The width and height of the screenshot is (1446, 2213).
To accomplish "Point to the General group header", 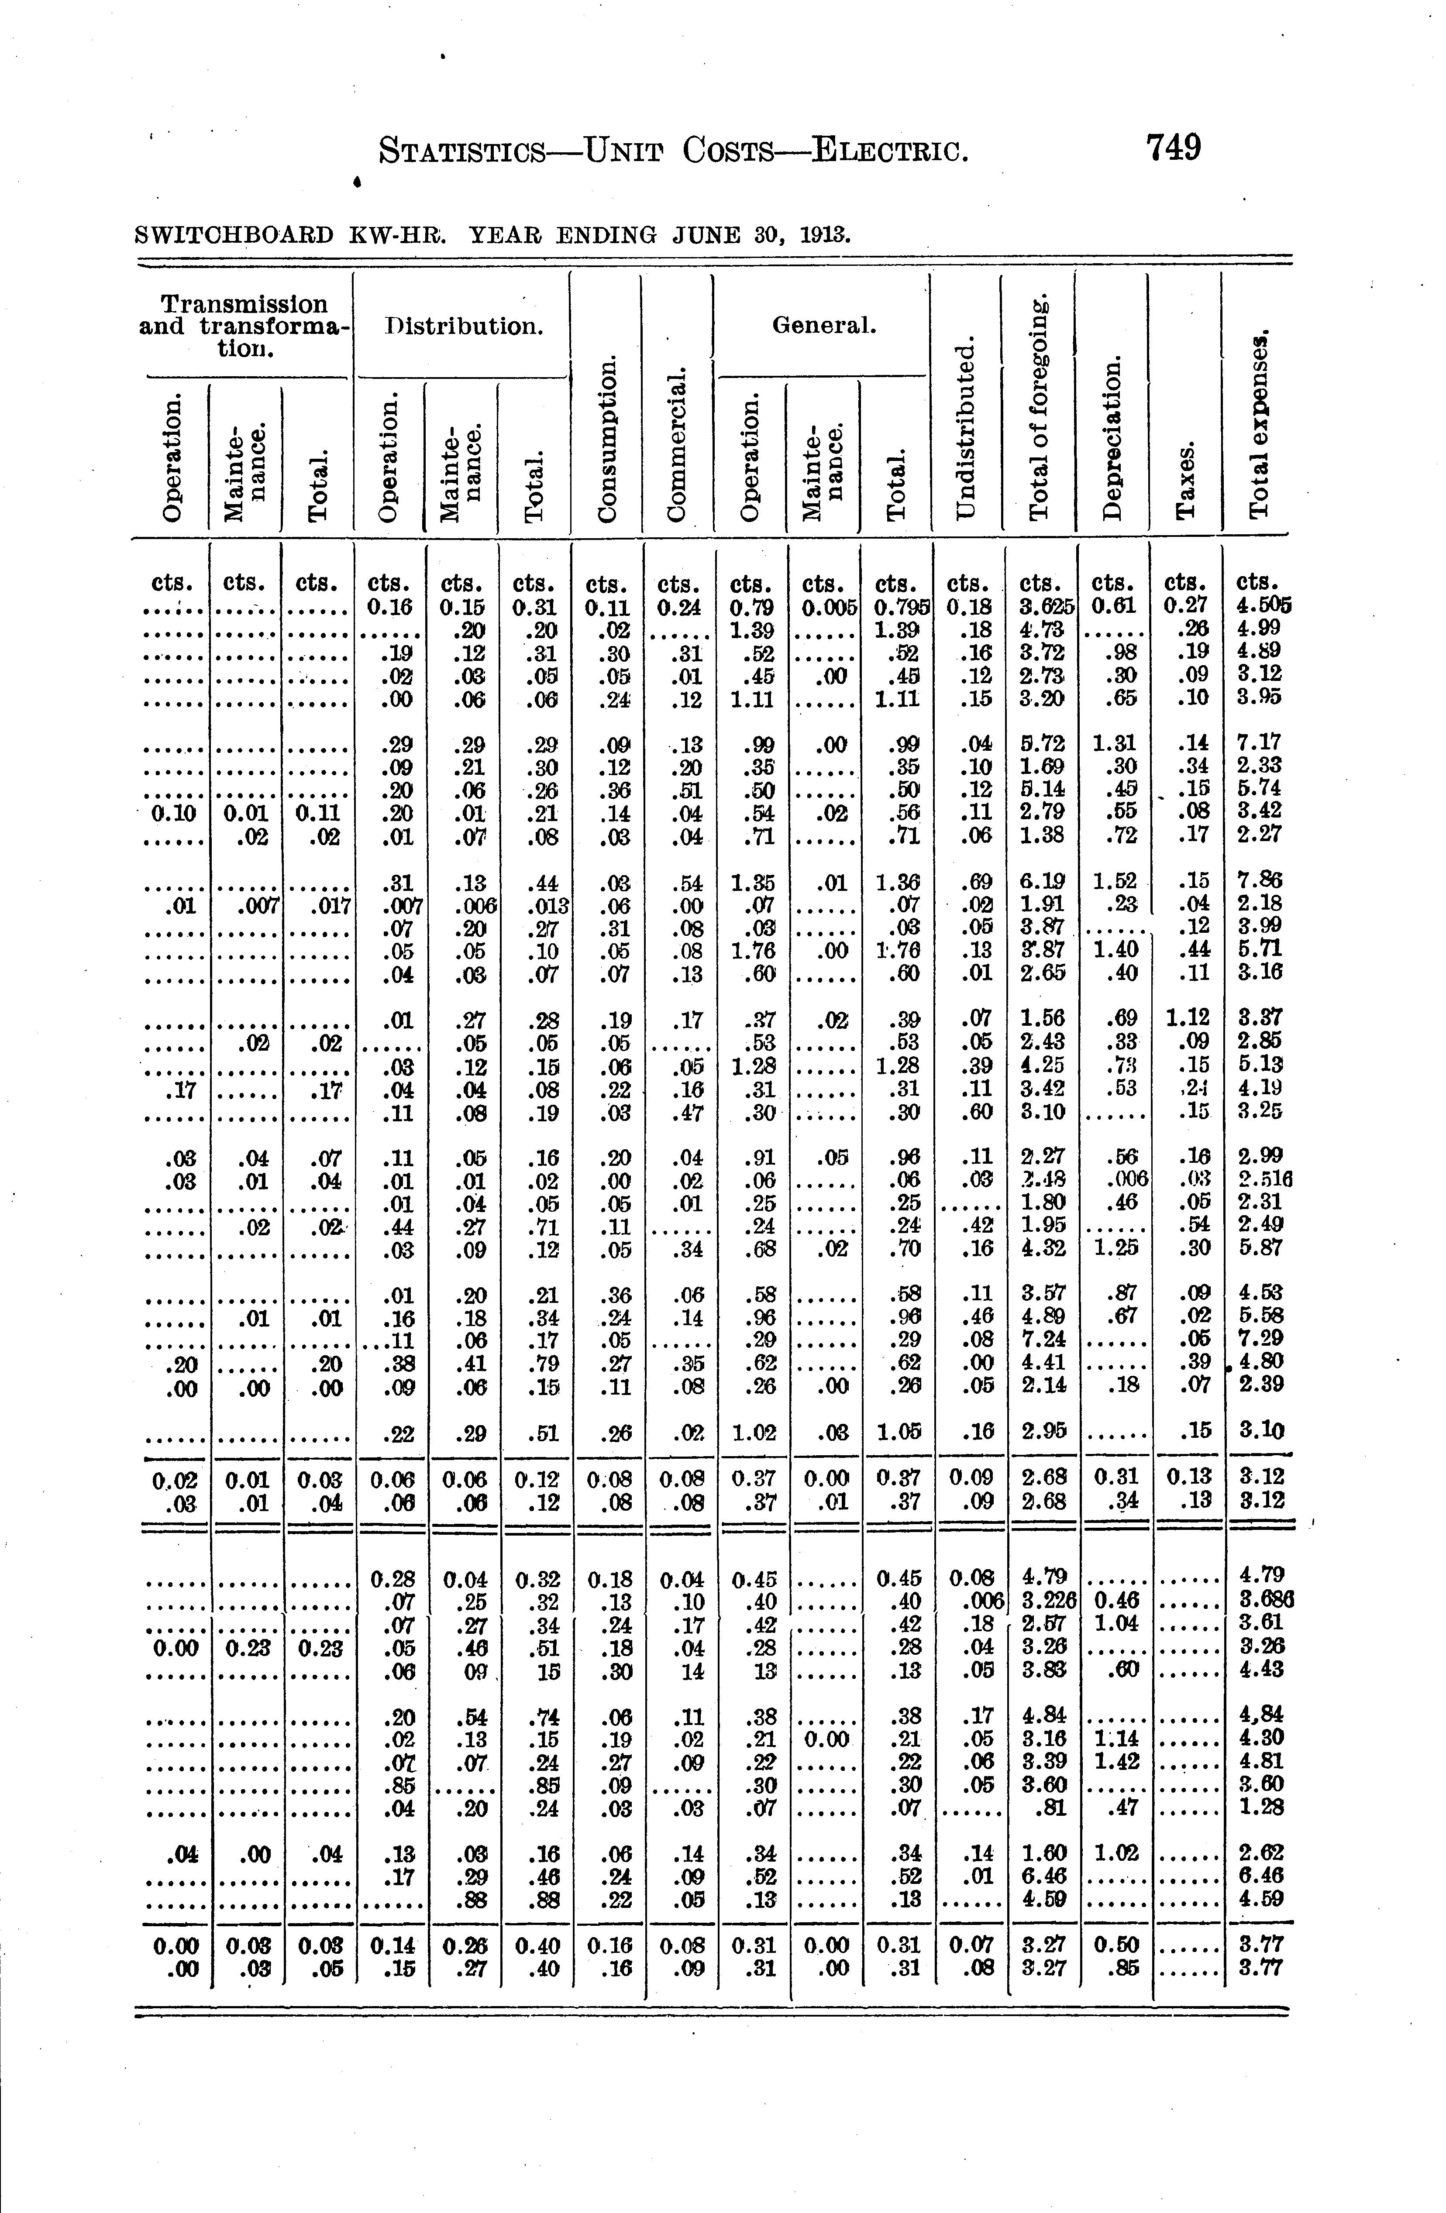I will pos(823,326).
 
